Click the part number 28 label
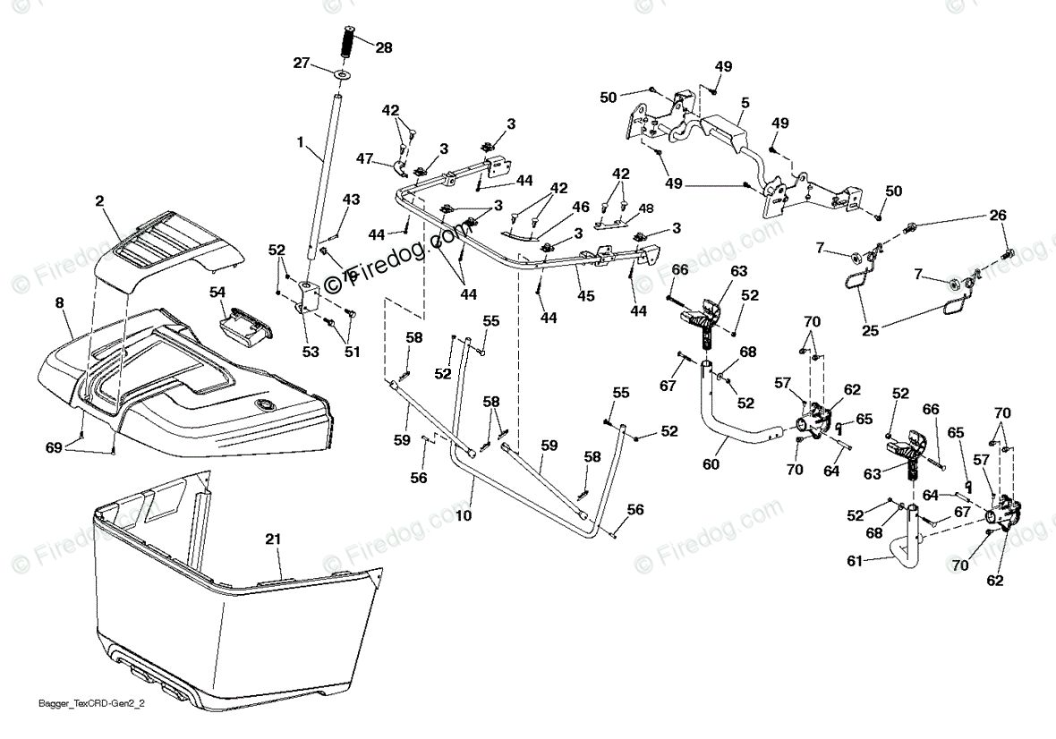coord(384,47)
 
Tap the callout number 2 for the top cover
coord(99,203)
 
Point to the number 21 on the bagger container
coord(273,539)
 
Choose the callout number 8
coord(60,303)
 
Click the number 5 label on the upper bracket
coord(745,103)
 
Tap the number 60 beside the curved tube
coord(711,464)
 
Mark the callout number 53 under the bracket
coord(311,353)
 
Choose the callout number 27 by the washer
coord(301,63)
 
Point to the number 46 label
coord(581,207)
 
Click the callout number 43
coord(352,199)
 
